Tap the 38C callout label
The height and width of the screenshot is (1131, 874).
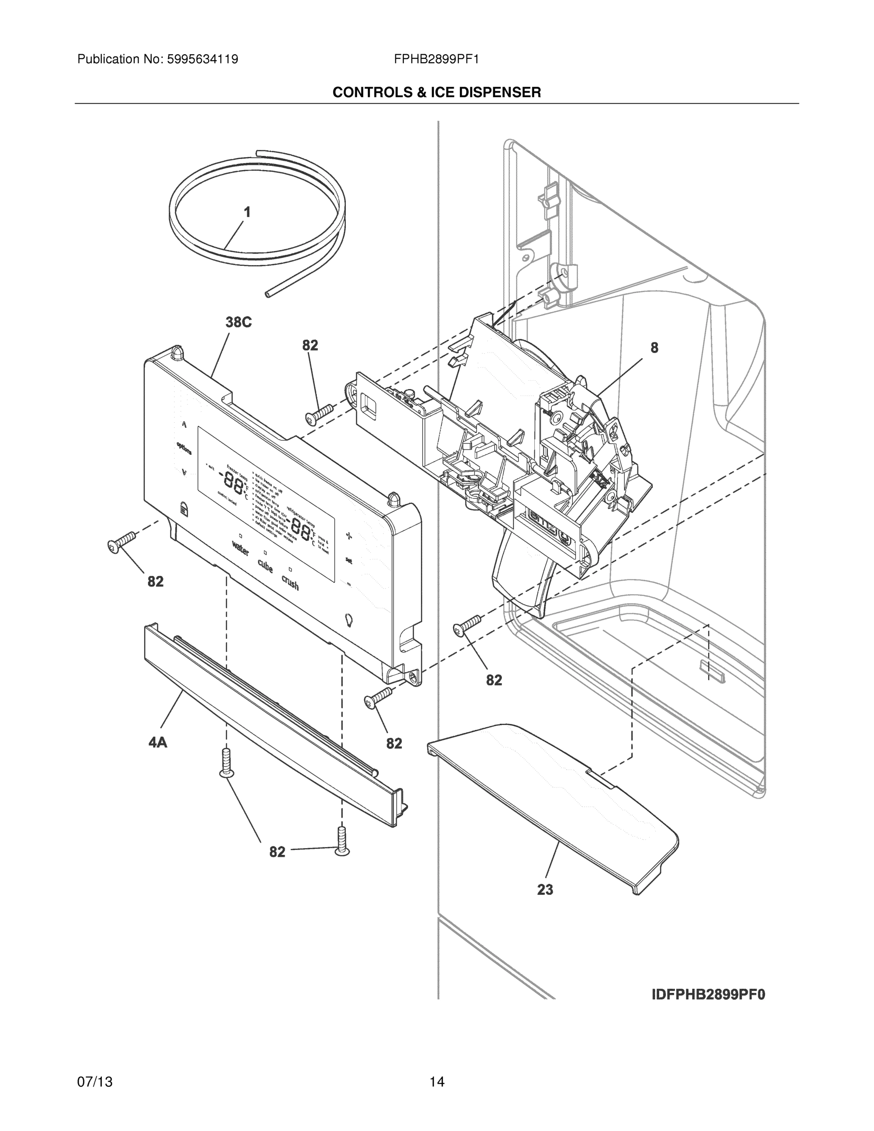click(238, 322)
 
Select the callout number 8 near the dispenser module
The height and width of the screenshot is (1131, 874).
click(654, 348)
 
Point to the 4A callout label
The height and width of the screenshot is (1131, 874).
click(158, 743)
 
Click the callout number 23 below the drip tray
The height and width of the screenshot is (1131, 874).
click(545, 890)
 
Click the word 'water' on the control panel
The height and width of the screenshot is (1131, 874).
click(241, 549)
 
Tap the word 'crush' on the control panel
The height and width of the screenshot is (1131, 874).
click(290, 582)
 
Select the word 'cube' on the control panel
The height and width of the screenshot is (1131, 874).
click(265, 566)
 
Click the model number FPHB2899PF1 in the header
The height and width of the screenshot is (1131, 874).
click(436, 59)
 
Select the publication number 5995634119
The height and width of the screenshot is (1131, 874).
click(202, 59)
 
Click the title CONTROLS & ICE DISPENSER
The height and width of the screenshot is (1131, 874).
click(436, 93)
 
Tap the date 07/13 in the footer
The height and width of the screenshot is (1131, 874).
click(95, 1082)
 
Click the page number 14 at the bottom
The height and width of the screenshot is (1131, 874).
click(436, 1082)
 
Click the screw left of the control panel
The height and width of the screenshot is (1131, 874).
click(121, 541)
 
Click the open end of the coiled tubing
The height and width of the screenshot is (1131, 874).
click(267, 294)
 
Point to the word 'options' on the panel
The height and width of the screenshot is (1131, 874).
click(184, 448)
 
